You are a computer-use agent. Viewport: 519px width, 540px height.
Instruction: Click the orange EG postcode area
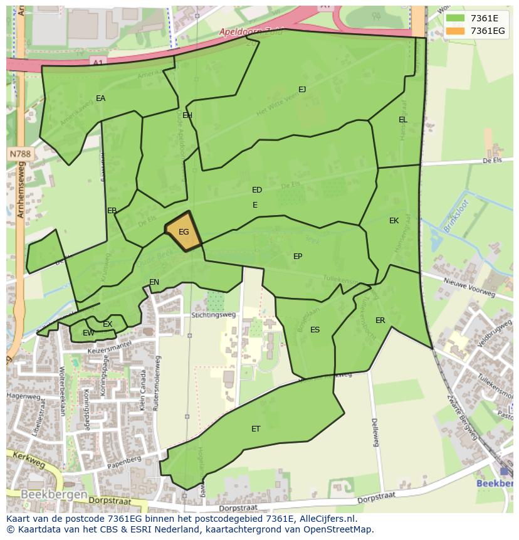click(183, 232)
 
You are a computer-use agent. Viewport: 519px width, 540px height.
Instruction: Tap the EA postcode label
click(100, 98)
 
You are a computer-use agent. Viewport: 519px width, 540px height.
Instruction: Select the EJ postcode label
click(302, 90)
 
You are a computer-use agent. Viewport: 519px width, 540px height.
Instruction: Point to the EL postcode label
click(402, 120)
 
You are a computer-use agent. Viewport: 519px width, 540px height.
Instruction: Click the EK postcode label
click(394, 221)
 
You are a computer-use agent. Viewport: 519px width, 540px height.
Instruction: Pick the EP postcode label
click(298, 257)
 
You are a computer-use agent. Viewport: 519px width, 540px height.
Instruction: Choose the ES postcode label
click(315, 330)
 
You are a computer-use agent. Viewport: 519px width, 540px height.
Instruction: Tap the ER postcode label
click(380, 320)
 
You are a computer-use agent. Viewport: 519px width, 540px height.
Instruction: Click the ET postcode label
click(256, 429)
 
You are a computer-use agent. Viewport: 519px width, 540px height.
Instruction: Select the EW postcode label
click(88, 333)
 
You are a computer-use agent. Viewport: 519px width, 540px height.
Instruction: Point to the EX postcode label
click(107, 324)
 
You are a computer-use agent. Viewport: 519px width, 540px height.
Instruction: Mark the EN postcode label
click(154, 282)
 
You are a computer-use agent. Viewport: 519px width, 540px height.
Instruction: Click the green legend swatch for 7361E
click(456, 18)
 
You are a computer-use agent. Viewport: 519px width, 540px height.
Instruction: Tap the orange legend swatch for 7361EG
click(456, 31)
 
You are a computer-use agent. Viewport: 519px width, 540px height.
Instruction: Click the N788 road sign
click(20, 154)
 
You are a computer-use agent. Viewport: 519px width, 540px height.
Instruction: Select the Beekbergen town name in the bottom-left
click(53, 494)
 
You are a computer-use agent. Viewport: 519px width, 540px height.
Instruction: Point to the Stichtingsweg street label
click(214, 315)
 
